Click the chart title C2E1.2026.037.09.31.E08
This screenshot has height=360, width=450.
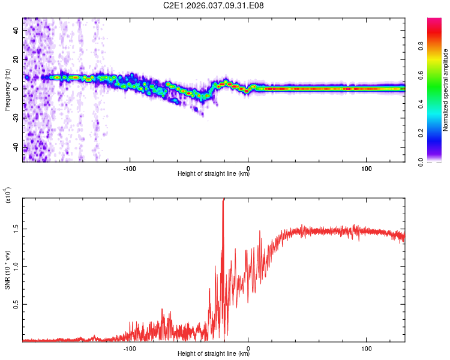point(214,6)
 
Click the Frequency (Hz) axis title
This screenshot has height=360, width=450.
point(7,89)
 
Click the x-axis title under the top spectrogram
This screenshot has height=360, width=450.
point(214,174)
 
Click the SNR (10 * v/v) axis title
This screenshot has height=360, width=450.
point(7,270)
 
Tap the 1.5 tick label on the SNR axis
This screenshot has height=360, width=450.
point(16,229)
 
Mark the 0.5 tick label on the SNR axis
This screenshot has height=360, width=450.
point(16,304)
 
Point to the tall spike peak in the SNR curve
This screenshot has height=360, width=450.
point(223,200)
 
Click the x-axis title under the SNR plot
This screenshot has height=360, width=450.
point(214,354)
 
